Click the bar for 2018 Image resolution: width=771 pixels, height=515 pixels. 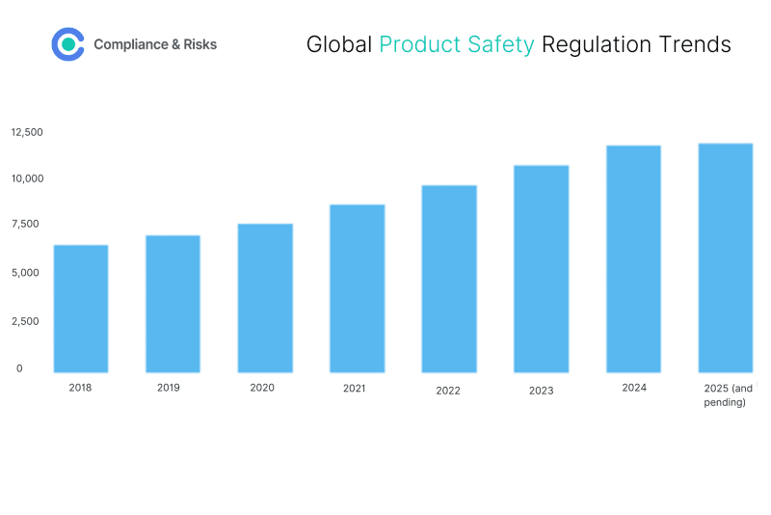coord(81,309)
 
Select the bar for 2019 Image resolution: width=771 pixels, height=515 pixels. coord(173,304)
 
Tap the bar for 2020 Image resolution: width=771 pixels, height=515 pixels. coord(265,298)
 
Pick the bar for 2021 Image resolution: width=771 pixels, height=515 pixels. coord(358,288)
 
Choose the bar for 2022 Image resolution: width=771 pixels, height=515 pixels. coord(449,279)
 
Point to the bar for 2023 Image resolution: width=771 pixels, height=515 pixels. coord(542,269)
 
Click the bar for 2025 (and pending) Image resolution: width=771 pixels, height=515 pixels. coord(725,257)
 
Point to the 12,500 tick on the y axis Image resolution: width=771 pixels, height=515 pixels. coord(27,131)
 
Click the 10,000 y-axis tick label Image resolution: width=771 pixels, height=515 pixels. coord(27,178)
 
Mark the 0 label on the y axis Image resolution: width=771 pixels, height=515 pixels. coord(19,367)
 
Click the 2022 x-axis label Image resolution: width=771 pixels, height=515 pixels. coord(448,391)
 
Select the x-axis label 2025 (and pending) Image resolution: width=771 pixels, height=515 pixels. coord(728,395)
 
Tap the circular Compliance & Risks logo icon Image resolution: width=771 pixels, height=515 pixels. coord(67,44)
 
